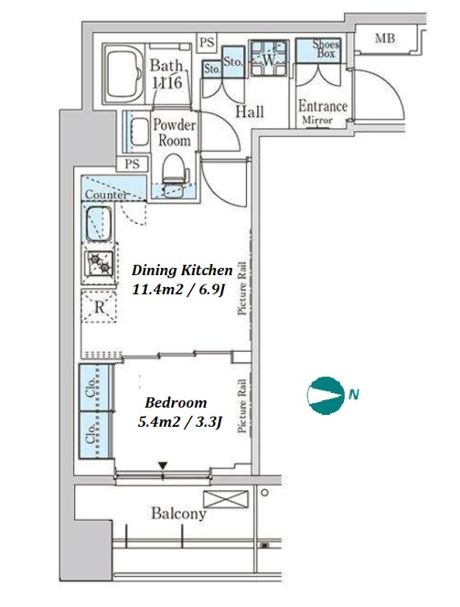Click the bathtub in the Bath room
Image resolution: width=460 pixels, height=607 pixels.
coord(124,74)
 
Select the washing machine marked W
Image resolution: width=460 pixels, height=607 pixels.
coord(268,58)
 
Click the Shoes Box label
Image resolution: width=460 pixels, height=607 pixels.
coord(326,48)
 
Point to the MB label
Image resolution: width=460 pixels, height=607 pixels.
coord(385,38)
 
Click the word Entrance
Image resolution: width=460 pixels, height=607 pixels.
coord(323,106)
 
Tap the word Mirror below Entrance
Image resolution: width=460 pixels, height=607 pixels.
coord(317,120)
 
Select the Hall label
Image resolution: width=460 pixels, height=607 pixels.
coord(249,111)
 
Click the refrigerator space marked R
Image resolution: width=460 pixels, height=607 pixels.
coord(99,307)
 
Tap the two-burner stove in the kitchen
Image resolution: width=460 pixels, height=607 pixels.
coord(99,263)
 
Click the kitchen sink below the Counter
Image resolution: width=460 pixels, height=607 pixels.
coord(98,224)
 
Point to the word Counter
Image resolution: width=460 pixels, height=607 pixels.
coord(106,194)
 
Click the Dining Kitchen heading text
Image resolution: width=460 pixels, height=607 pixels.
coord(182,270)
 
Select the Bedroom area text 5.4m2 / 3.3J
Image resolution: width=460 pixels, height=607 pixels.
coord(180,421)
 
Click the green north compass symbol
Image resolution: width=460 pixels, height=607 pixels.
coord(326,395)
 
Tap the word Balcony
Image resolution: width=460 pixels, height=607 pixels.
coord(178,513)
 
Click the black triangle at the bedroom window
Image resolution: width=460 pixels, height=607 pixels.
coord(163,466)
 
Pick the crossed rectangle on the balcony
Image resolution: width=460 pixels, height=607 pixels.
coord(226,499)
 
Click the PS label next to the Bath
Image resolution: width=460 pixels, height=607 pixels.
coord(208,41)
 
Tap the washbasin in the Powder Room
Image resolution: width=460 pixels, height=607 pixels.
coord(139,133)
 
